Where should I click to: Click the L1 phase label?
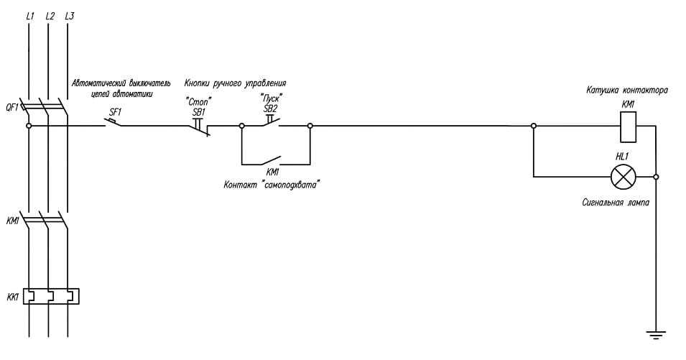[29, 15]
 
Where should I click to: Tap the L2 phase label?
[49, 15]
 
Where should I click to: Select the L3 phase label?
[69, 15]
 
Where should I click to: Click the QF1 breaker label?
[12, 108]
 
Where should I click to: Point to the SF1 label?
[115, 111]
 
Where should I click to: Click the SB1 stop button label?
[199, 112]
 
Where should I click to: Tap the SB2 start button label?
[270, 108]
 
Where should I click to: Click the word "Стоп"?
[199, 102]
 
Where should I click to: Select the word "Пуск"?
[271, 98]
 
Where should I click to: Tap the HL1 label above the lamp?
[622, 156]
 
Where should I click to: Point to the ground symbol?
[656, 334]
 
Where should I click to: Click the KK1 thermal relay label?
[12, 295]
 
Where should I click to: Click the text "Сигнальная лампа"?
[616, 203]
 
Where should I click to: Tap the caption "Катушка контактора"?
[627, 91]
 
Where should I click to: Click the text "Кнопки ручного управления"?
[235, 83]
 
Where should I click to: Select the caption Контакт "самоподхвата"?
[272, 185]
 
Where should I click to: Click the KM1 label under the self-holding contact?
[272, 172]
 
